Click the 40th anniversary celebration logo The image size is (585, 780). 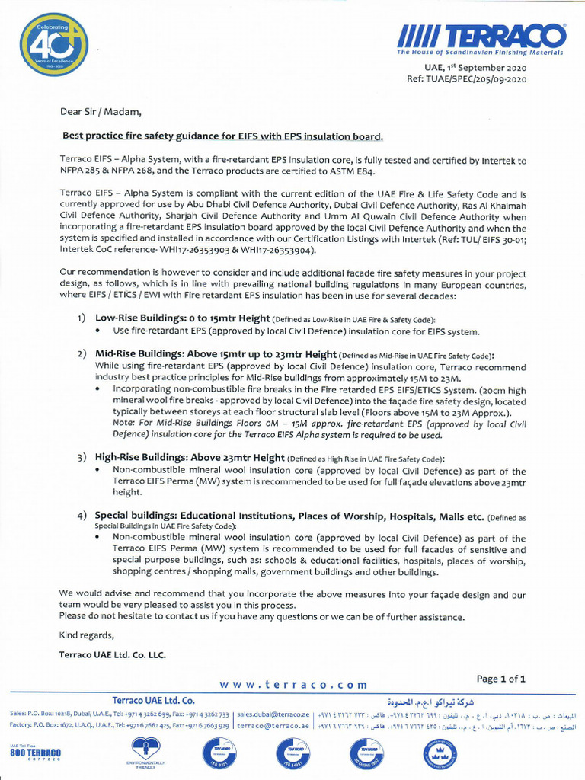click(53, 44)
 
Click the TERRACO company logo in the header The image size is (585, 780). click(481, 38)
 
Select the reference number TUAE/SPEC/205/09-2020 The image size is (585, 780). click(466, 78)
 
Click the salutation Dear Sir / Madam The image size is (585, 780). click(101, 111)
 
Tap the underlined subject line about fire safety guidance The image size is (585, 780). click(222, 136)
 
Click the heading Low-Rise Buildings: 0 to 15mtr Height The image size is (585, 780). click(183, 318)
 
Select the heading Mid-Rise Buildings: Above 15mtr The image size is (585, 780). click(216, 354)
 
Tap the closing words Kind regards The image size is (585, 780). click(87, 635)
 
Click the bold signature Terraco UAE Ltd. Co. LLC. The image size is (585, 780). click(112, 654)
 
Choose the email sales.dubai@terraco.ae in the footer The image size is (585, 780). click(273, 714)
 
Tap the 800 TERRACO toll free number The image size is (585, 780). click(35, 753)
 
